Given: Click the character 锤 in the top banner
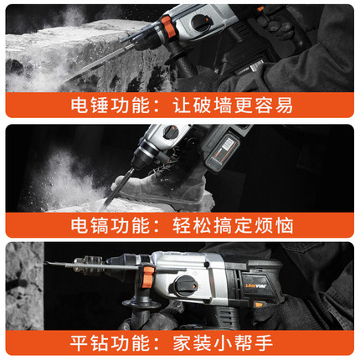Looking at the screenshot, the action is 99,105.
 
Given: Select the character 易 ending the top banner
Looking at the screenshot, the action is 285,105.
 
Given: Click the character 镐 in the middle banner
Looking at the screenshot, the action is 99,225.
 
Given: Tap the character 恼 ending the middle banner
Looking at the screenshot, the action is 285,225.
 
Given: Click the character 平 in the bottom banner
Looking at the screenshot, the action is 79,342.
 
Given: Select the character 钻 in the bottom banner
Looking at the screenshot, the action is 99,342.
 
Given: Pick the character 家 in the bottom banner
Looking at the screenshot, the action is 182,342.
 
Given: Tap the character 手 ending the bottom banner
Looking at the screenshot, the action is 264,342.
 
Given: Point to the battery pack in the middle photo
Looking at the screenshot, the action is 221,153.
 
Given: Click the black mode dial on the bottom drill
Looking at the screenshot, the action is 186,286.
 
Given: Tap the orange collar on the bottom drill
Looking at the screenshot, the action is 147,277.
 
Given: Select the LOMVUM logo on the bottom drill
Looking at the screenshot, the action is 255,285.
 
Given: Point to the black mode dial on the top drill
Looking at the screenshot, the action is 200,23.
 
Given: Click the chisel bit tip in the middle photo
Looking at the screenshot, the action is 105,207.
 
